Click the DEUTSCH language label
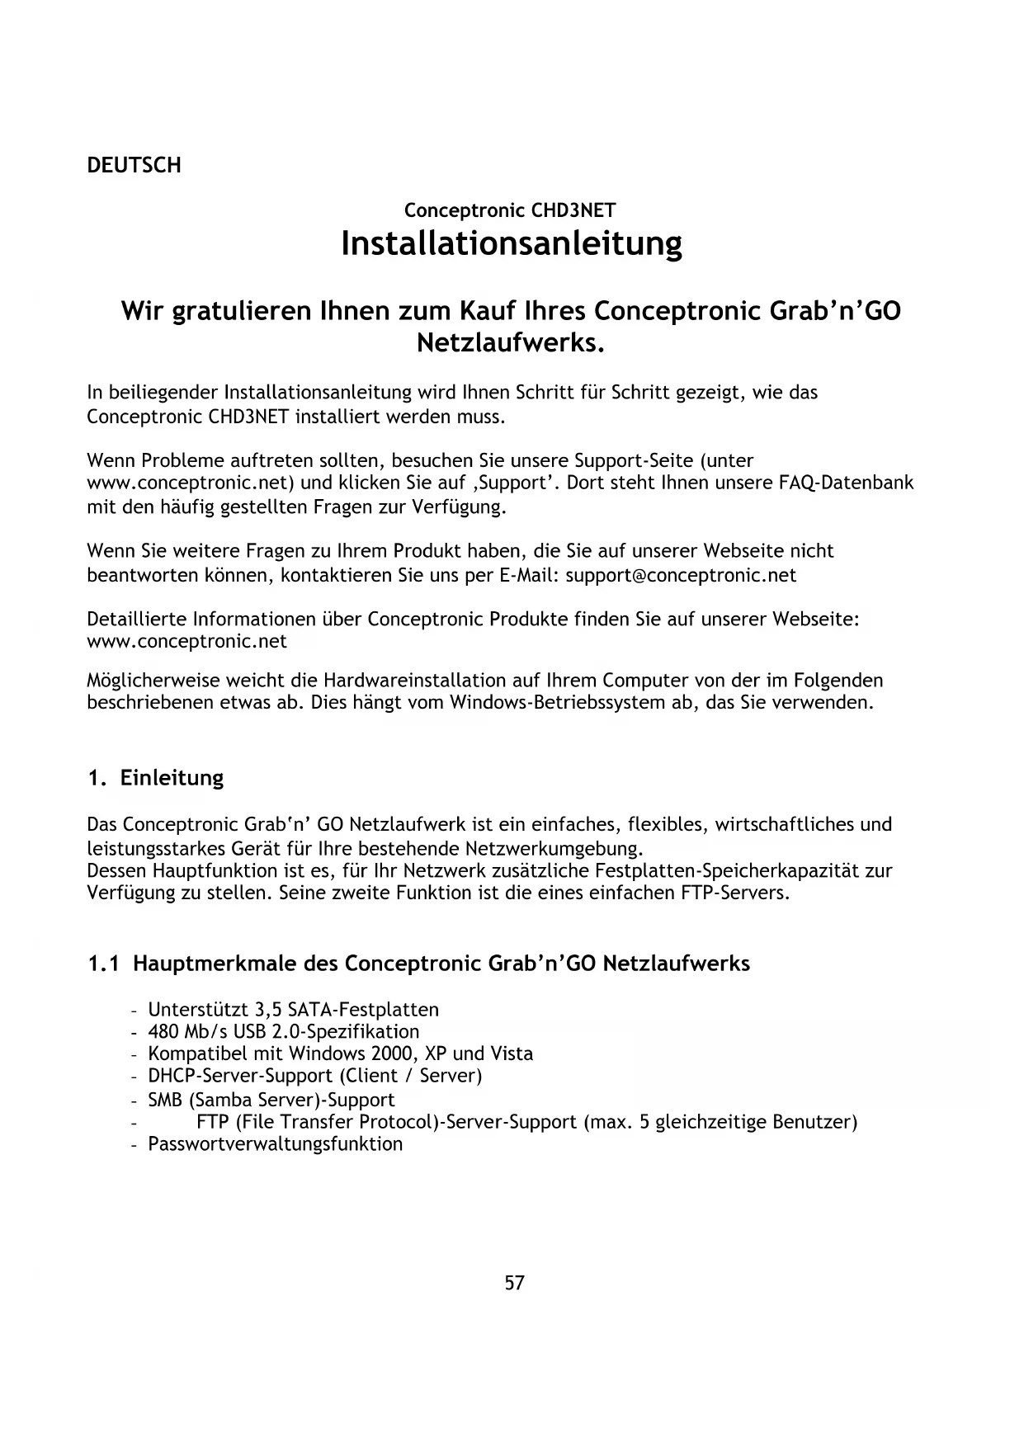(134, 165)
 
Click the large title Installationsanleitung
(512, 243)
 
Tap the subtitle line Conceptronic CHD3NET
(510, 210)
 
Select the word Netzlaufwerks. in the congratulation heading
(512, 342)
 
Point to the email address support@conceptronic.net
(681, 575)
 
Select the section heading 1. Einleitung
(156, 778)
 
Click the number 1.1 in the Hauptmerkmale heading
(104, 964)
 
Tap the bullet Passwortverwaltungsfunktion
(275, 1144)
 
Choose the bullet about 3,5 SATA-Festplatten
(293, 1010)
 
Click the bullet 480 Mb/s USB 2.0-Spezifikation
(283, 1032)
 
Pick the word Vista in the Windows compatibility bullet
(512, 1054)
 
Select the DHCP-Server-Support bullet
(314, 1076)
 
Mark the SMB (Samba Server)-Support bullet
(271, 1100)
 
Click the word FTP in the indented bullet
(213, 1122)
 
